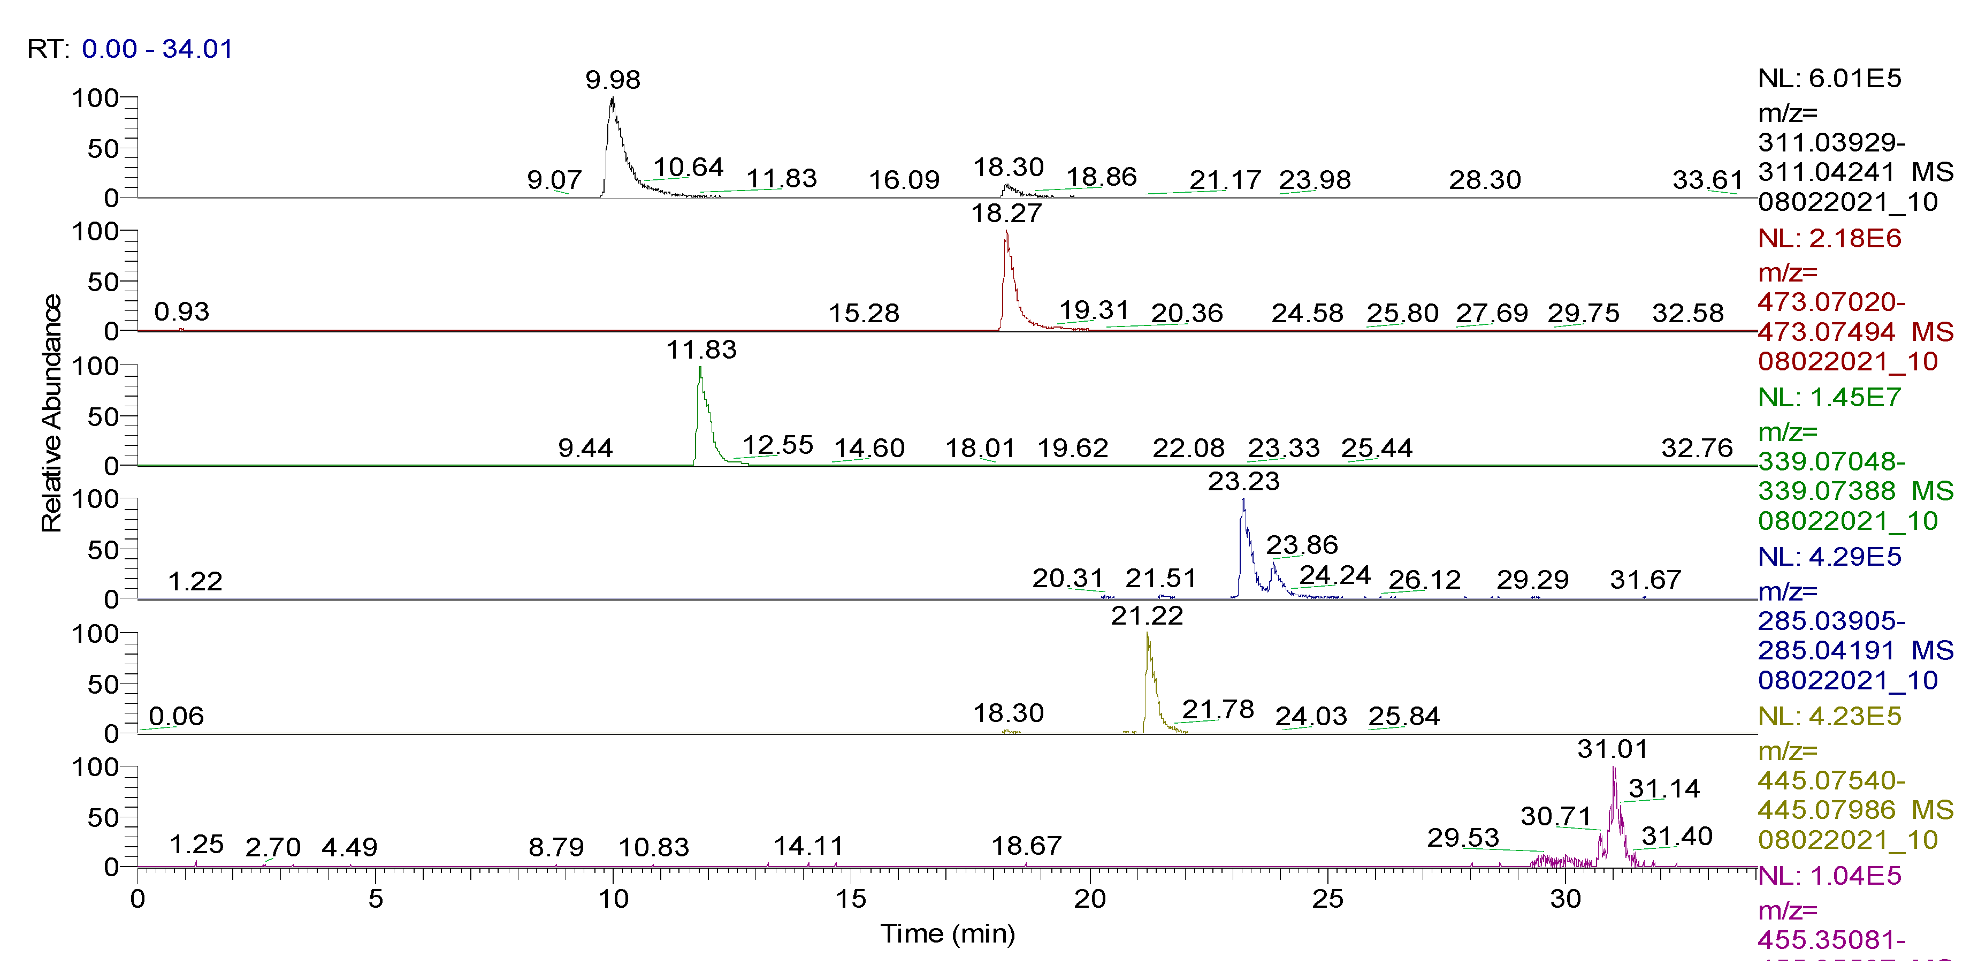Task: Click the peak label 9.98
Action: pyautogui.click(x=612, y=80)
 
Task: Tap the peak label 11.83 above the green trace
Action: pyautogui.click(x=700, y=350)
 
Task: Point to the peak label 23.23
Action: pyautogui.click(x=1243, y=482)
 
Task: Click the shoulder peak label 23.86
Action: pyautogui.click(x=1302, y=545)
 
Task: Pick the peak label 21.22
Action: pyautogui.click(x=1147, y=616)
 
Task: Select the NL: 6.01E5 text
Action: pyautogui.click(x=1829, y=78)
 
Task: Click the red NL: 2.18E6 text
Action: pyautogui.click(x=1829, y=238)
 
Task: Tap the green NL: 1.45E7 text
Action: pyautogui.click(x=1829, y=398)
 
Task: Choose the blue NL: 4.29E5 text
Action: pyautogui.click(x=1829, y=557)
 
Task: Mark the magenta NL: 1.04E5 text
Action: pyautogui.click(x=1829, y=876)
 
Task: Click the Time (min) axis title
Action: pyautogui.click(x=948, y=934)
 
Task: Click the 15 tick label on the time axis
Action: pyautogui.click(x=851, y=899)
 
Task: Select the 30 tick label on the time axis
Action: pyautogui.click(x=1565, y=899)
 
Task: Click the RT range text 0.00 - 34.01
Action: pyautogui.click(x=157, y=49)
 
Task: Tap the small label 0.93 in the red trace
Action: pyautogui.click(x=181, y=312)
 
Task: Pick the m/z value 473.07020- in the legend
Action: pyautogui.click(x=1831, y=302)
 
